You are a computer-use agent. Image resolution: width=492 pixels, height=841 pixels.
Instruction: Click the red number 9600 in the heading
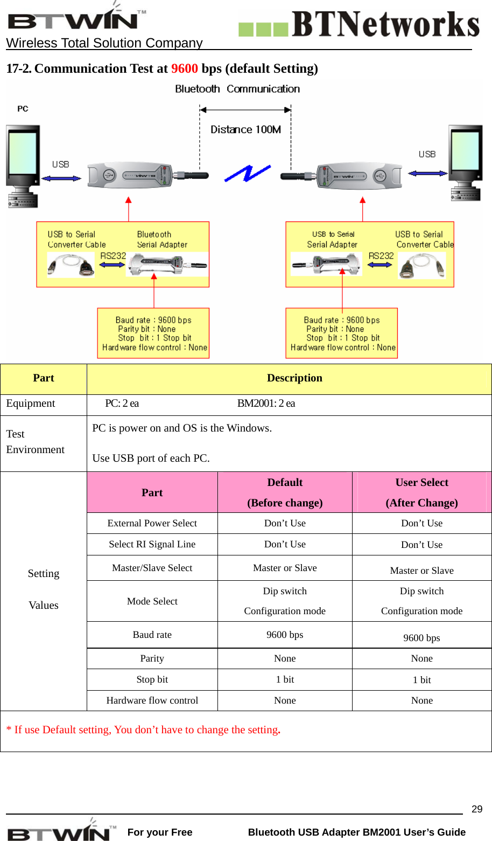click(185, 68)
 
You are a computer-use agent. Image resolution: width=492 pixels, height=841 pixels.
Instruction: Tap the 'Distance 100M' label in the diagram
click(245, 129)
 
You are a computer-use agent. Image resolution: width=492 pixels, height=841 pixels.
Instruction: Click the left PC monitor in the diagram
click(23, 154)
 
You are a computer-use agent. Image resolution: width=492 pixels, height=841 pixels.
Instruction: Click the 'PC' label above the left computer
click(23, 109)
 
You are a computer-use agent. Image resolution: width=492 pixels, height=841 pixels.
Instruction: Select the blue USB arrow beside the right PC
click(427, 173)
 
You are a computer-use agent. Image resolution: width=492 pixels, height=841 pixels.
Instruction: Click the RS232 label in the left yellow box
click(113, 256)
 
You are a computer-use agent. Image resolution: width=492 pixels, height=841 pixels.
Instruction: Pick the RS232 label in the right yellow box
click(381, 256)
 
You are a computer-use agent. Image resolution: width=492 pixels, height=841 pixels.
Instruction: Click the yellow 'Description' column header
click(294, 378)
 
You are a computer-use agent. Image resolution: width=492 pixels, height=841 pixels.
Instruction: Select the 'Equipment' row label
click(31, 404)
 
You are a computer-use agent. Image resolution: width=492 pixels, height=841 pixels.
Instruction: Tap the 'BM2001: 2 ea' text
click(266, 404)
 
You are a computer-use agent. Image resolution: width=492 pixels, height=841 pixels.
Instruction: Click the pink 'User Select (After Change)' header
click(421, 492)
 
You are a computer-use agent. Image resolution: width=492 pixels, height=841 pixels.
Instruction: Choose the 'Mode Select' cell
click(152, 601)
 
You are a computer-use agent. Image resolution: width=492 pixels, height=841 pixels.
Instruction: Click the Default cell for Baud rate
click(285, 635)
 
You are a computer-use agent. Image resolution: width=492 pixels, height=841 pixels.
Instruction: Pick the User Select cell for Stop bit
click(421, 680)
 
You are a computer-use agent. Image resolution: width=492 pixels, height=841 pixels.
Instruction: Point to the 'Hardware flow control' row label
click(152, 700)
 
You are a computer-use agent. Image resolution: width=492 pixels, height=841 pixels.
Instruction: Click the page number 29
click(477, 809)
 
